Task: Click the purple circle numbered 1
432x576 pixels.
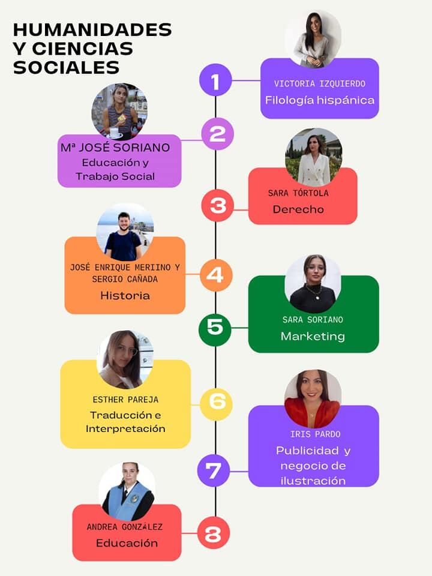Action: (215, 80)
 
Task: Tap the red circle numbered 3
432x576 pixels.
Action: (217, 205)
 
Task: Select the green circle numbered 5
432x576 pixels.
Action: (215, 328)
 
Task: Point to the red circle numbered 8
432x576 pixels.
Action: (213, 533)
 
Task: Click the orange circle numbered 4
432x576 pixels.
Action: (215, 275)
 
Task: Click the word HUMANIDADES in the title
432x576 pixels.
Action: (92, 30)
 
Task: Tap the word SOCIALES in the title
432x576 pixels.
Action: (66, 67)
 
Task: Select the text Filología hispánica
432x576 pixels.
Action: (320, 100)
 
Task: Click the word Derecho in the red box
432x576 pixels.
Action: (298, 209)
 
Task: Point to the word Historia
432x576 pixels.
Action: (125, 295)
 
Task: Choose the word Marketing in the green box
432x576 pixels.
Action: (313, 337)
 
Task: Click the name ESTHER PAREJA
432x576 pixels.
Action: (125, 400)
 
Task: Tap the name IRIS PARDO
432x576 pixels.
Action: (312, 434)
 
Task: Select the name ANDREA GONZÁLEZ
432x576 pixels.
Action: (125, 527)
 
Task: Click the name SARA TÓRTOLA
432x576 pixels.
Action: (298, 193)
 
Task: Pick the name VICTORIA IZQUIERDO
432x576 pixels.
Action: (320, 84)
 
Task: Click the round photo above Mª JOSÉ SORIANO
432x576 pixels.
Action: (119, 112)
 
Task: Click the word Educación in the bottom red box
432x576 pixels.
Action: (127, 543)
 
